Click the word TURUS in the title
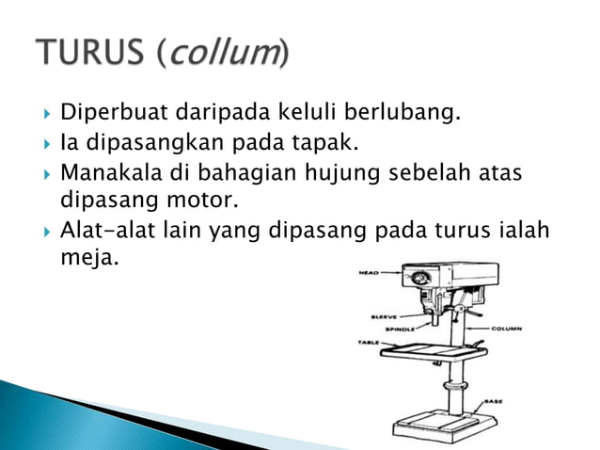click(88, 53)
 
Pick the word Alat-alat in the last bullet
click(104, 231)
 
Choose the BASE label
click(493, 401)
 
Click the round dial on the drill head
click(418, 280)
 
